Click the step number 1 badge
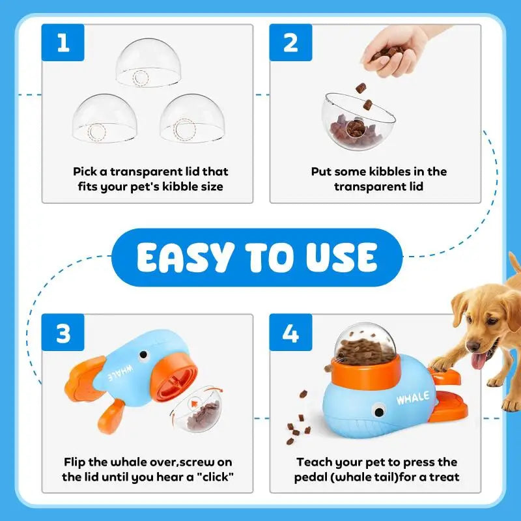point(63,43)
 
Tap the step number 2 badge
point(290,43)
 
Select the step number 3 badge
point(63,334)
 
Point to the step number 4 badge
point(290,334)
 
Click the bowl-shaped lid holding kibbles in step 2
point(358,120)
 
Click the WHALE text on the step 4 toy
point(412,397)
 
